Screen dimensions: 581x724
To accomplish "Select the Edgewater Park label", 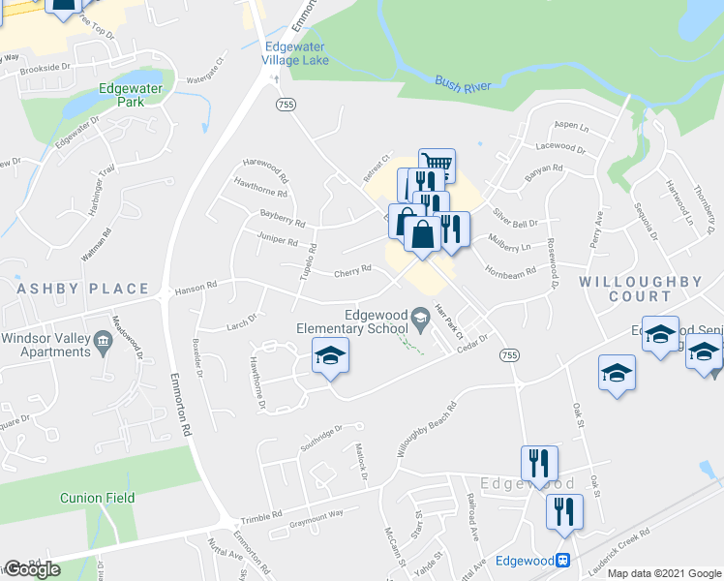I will (x=135, y=94).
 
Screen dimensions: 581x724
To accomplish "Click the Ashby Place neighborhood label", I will (x=82, y=289).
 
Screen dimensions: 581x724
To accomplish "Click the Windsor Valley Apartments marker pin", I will (x=101, y=340).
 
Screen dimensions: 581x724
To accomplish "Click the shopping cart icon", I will (x=437, y=166).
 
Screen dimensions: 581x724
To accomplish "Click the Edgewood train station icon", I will (x=562, y=561).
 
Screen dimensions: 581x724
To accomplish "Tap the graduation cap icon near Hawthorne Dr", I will (x=329, y=356).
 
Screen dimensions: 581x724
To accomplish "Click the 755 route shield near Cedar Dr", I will (x=509, y=356).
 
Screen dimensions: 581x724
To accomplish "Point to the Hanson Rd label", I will (x=196, y=288).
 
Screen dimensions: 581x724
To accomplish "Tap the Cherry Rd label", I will (x=353, y=270).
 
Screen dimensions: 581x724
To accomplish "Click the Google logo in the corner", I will (x=32, y=569).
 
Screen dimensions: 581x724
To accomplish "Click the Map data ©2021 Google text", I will (x=663, y=573).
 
